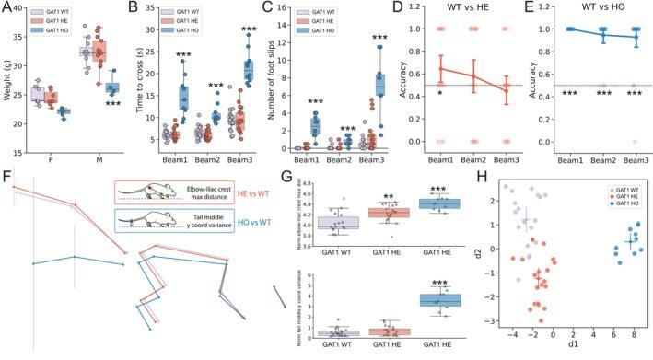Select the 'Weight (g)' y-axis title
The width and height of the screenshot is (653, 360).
pyautogui.click(x=8, y=82)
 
